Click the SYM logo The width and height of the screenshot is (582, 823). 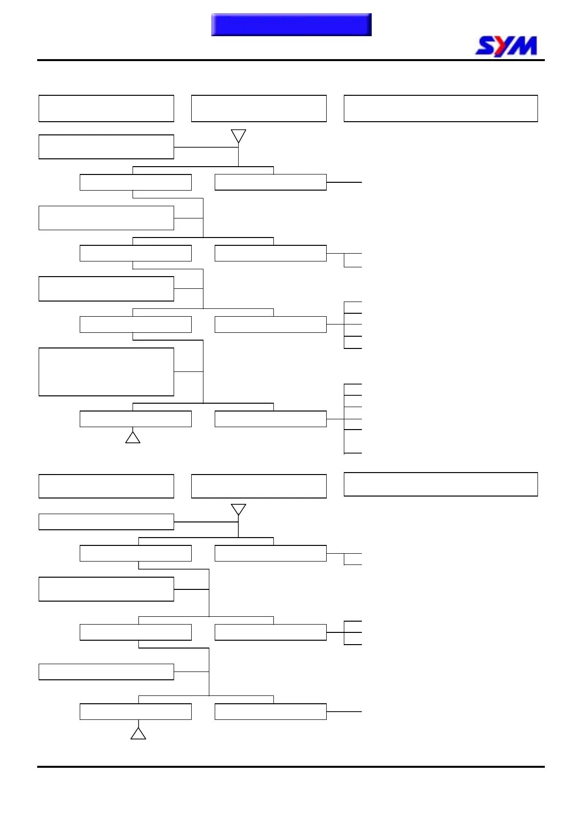[x=506, y=46]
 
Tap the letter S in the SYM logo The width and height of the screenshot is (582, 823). [x=486, y=46]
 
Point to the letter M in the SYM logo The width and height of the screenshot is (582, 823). [x=524, y=46]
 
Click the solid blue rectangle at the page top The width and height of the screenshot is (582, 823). [x=291, y=24]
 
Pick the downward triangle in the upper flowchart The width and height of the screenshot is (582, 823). [x=238, y=135]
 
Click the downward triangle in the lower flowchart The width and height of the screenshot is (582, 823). [x=238, y=509]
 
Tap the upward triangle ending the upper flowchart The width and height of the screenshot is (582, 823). [x=133, y=437]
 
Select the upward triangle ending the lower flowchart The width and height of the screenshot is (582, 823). [x=138, y=734]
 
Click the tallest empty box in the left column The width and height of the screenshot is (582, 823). [x=106, y=371]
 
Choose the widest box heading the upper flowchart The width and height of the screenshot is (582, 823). [x=441, y=108]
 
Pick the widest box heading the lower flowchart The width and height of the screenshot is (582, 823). [x=441, y=484]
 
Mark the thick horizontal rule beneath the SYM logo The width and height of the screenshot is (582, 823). [x=291, y=60]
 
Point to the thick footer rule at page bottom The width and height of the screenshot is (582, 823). [x=291, y=767]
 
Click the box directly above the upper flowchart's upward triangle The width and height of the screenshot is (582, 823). [x=135, y=419]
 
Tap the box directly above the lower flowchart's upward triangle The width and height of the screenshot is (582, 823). [x=135, y=712]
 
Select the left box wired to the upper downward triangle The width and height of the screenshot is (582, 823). [x=106, y=147]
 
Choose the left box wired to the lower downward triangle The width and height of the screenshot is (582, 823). [x=106, y=522]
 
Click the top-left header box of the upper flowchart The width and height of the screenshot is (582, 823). [x=106, y=108]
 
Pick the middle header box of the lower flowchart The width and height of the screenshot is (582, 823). [x=259, y=486]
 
